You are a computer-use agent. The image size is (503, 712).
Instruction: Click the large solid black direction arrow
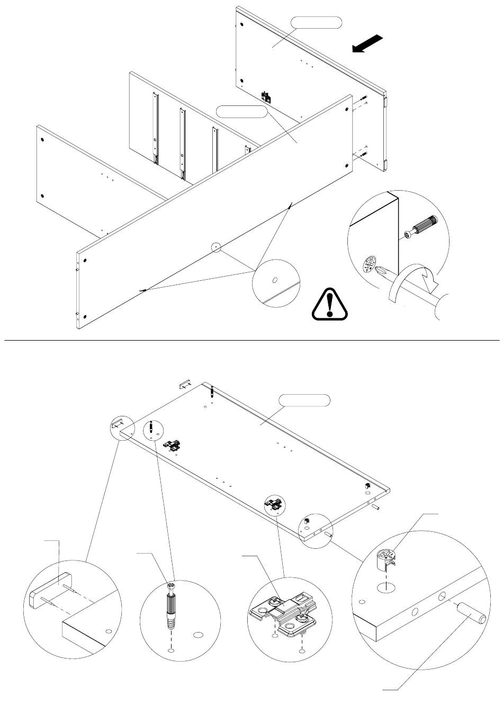367,43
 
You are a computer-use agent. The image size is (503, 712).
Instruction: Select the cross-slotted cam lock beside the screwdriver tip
370,264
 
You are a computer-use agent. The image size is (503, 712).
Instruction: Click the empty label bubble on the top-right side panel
316,23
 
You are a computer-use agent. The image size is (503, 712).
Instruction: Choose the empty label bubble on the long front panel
242,112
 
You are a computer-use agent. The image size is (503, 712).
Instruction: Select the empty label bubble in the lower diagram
304,400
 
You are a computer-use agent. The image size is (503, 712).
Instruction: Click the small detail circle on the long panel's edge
215,247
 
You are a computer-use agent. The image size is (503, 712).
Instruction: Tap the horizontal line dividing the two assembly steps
251,340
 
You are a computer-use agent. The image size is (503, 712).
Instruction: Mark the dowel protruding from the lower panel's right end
378,508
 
